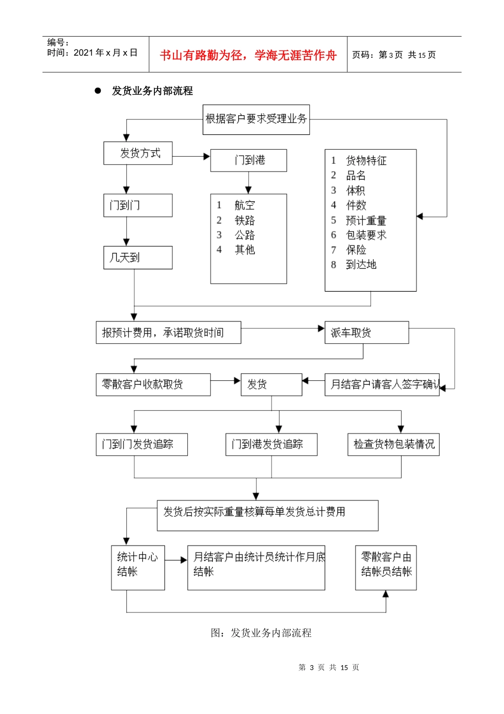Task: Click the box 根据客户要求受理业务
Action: click(256, 119)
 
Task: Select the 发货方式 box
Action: click(138, 153)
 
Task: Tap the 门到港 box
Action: click(248, 160)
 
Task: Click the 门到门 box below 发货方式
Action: click(137, 205)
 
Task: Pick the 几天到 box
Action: click(137, 257)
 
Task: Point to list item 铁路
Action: click(245, 220)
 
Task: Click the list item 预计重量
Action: click(366, 220)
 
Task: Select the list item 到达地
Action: click(361, 265)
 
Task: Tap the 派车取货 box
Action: click(366, 333)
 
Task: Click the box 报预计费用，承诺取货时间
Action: click(168, 333)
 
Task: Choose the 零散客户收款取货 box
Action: click(153, 384)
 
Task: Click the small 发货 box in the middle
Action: click(271, 384)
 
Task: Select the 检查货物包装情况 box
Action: click(393, 444)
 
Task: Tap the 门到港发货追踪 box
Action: click(271, 444)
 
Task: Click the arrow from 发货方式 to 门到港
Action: click(191, 156)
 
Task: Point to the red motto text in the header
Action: click(248, 55)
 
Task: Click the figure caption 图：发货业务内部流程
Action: click(261, 633)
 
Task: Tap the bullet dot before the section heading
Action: click(98, 91)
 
